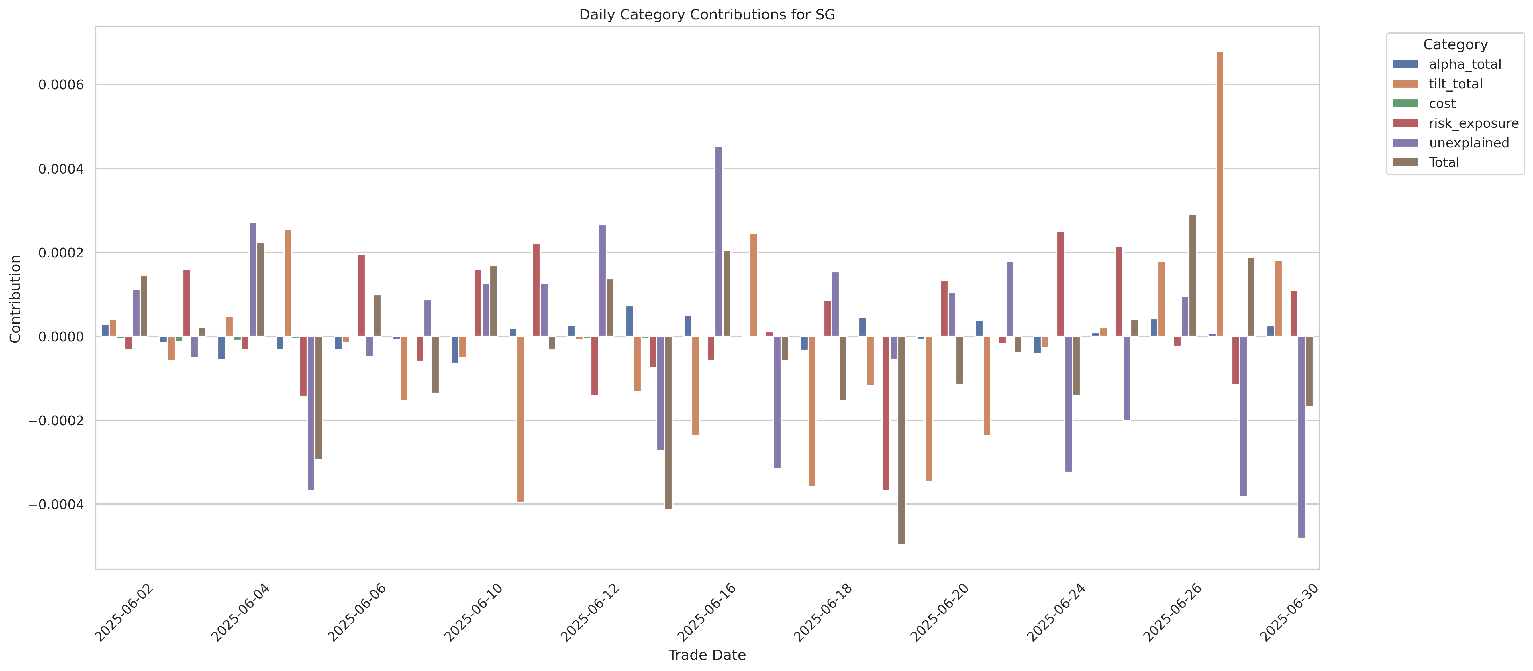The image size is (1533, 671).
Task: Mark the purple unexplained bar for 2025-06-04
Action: [x=253, y=280]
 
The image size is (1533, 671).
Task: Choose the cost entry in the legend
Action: [x=1442, y=103]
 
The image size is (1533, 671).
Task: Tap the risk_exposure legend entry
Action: [x=1473, y=123]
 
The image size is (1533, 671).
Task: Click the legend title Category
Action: [x=1455, y=45]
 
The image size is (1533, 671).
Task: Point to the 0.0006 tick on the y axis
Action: [x=61, y=85]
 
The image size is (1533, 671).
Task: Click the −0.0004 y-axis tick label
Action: [x=56, y=504]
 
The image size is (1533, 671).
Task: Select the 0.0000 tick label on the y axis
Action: [x=61, y=337]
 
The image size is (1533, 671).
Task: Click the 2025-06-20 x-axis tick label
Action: [x=940, y=613]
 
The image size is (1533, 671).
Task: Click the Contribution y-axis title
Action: [x=15, y=299]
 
